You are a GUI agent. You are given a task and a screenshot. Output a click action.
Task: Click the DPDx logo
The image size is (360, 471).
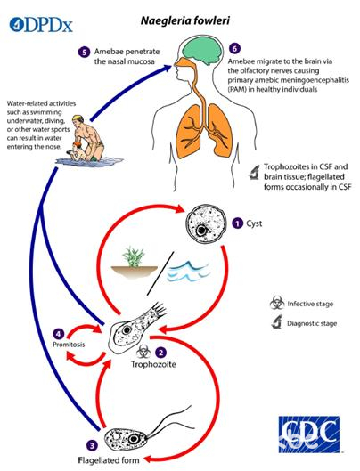point(41,24)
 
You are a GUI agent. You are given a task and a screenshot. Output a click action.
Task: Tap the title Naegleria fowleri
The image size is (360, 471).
point(185,20)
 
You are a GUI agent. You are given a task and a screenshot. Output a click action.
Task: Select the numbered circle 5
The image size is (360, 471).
point(85,52)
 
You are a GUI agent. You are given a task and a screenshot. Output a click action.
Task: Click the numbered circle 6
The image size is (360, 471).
point(234,48)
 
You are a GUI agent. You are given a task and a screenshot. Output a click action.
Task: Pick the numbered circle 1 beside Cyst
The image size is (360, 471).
point(238,223)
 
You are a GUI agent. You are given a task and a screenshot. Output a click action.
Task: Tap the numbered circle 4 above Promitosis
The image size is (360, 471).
point(58,334)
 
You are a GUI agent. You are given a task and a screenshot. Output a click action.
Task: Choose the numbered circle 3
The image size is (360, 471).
point(92,445)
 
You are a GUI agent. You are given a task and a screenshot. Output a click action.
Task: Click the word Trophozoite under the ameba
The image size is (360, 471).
point(153,364)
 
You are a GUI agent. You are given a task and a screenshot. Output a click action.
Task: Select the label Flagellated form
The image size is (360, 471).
point(109,460)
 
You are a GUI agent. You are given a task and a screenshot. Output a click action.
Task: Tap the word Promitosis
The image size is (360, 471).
point(69,345)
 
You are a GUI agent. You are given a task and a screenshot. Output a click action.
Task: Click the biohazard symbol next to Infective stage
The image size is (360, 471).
point(277,303)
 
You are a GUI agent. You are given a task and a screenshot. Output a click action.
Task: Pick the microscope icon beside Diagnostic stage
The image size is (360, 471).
point(277,322)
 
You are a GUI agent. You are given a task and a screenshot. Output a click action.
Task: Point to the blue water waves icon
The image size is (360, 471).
point(188,272)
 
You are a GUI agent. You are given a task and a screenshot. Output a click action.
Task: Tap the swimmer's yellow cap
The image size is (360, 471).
point(78,118)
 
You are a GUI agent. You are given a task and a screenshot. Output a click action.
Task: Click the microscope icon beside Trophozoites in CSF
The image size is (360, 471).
point(254,172)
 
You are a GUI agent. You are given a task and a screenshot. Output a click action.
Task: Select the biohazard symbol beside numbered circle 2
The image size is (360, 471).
point(143,352)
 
